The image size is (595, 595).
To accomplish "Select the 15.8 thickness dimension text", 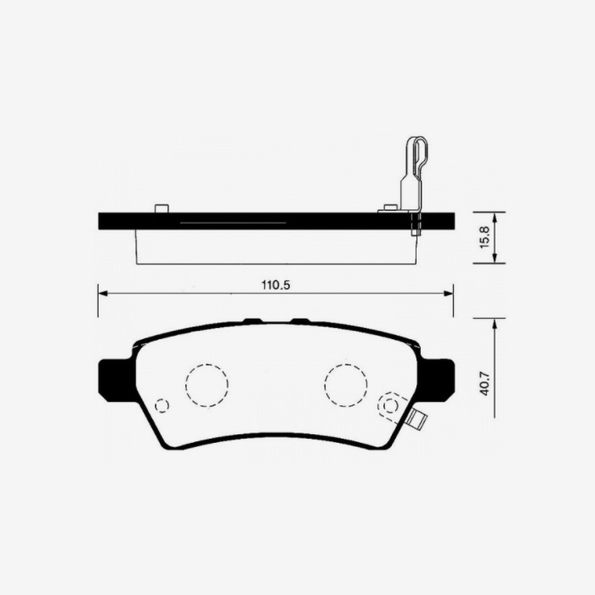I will [x=484, y=236].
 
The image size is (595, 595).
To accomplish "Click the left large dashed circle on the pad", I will [x=207, y=384].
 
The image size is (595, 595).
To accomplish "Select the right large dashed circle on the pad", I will [x=345, y=384].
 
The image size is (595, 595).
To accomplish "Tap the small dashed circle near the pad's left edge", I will [x=161, y=405].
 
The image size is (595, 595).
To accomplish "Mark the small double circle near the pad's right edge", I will [x=390, y=405].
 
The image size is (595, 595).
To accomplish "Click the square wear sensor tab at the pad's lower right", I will [x=416, y=418].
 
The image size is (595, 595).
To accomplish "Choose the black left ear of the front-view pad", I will [x=114, y=378].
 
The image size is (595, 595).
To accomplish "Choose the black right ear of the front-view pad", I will [x=439, y=378].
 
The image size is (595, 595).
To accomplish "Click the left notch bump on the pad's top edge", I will [x=252, y=320].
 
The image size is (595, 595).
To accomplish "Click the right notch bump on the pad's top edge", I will [x=300, y=320].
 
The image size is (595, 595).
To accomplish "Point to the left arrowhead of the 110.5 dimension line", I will [x=103, y=292].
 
